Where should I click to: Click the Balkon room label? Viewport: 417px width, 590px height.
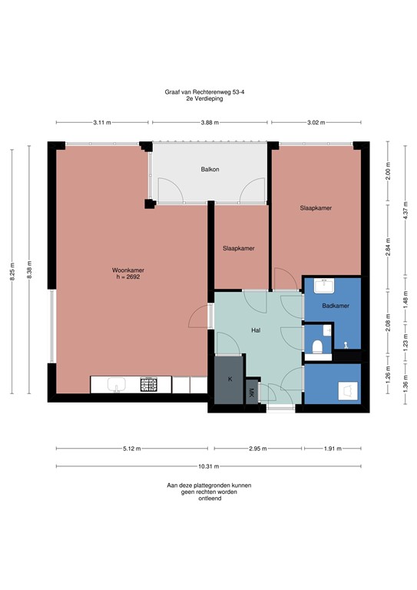coord(210,169)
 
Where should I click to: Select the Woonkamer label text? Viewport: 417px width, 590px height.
coord(128,270)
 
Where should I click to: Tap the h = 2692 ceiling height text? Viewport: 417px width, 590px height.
coord(128,277)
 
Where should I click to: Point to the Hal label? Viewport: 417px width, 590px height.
coord(256,330)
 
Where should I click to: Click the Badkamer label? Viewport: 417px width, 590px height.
coord(336,306)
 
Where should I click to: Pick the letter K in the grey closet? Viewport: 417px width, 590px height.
coord(230,380)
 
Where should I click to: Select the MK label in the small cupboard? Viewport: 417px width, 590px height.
coord(251,393)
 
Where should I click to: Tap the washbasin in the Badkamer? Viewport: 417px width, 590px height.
coord(325,286)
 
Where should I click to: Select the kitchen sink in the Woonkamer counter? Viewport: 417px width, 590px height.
coord(117,383)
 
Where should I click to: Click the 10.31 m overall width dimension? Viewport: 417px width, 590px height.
coord(208,466)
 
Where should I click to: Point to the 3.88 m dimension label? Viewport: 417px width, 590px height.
coord(208,122)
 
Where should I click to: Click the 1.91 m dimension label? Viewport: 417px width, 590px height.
coord(333,449)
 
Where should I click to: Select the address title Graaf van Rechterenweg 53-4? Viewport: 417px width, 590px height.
coord(208,91)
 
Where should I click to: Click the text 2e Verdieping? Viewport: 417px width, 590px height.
coord(208,98)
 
